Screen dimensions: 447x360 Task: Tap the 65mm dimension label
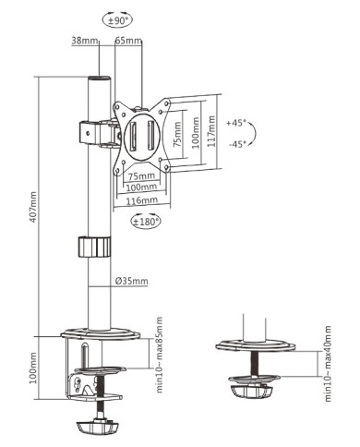128,41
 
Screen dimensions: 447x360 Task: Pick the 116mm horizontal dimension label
141,199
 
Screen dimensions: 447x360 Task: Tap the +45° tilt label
236,122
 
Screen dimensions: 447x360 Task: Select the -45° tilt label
236,143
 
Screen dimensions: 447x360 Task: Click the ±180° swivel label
146,222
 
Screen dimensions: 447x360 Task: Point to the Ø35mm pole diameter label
132,282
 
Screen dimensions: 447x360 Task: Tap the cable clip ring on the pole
93,248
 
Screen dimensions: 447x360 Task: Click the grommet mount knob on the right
253,391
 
